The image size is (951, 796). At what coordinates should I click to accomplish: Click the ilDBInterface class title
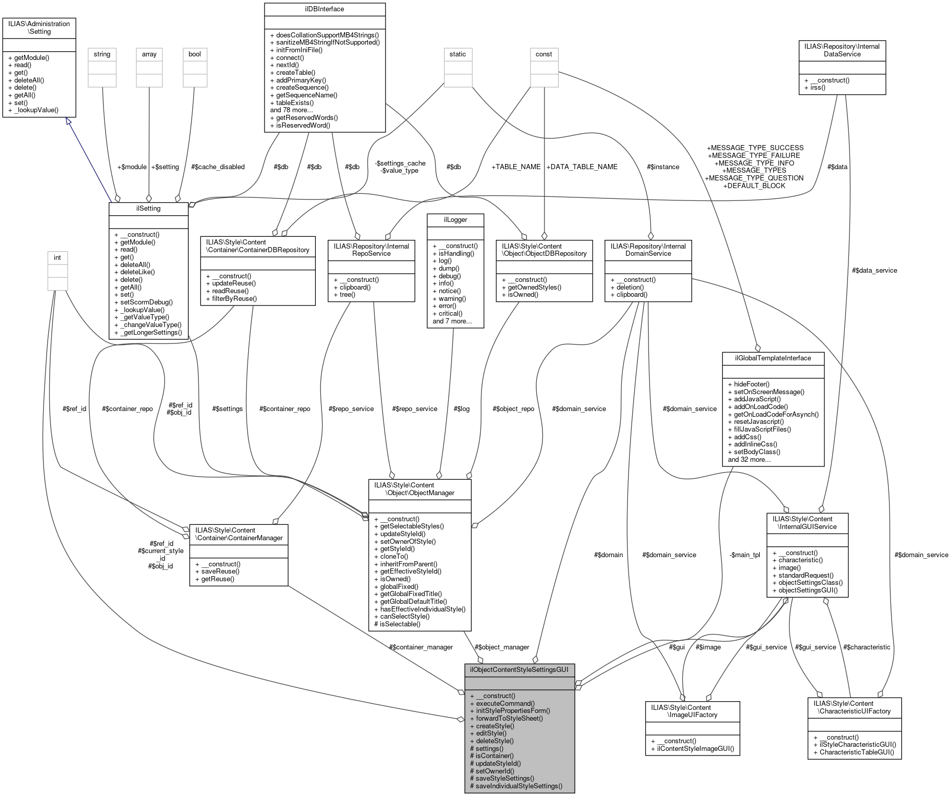tap(325, 9)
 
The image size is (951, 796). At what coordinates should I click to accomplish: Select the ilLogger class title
tap(455, 219)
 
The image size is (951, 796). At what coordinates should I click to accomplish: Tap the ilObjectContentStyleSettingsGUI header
tap(519, 669)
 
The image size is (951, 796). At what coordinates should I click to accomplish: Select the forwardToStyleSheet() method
tap(509, 718)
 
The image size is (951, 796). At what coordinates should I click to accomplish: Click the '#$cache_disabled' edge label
tap(217, 167)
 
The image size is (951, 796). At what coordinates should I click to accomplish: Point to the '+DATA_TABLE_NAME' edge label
tap(581, 167)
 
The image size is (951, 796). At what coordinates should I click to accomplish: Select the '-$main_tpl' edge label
tap(745, 555)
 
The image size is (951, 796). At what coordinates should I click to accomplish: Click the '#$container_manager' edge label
tap(420, 647)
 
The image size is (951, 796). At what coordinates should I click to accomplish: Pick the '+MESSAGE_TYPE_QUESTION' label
tap(754, 178)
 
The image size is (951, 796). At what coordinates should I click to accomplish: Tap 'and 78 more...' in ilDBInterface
tap(291, 110)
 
